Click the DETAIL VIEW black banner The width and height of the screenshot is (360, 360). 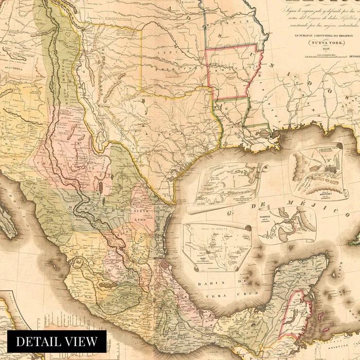click(x=57, y=341)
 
